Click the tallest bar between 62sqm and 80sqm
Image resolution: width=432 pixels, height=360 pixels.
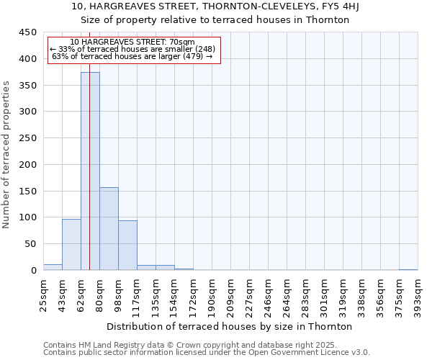pyautogui.click(x=90, y=171)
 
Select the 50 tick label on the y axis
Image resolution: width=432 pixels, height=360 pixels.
pyautogui.click(x=30, y=244)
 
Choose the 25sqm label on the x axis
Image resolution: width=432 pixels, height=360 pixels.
pyautogui.click(x=43, y=292)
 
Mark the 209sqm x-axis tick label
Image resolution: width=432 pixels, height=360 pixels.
pyautogui.click(x=230, y=293)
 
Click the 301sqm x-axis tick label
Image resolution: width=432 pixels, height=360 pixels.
pyautogui.click(x=324, y=293)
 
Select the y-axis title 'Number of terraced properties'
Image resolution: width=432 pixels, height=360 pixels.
pyautogui.click(x=7, y=154)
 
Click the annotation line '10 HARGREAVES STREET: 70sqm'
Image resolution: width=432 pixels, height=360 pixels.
pyautogui.click(x=132, y=42)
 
